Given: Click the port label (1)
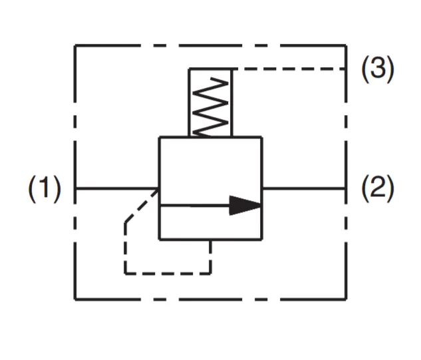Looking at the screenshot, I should pos(44,189).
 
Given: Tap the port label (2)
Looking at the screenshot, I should pos(377,189).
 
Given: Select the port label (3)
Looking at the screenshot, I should pos(377,69).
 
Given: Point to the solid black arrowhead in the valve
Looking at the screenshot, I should pos(245,206).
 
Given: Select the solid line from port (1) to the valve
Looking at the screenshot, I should pos(116,188).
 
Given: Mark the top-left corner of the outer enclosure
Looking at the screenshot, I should pos(75,45).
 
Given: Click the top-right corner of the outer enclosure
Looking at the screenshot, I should pos(346,45).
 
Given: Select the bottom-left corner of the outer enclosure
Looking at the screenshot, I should pos(75,299).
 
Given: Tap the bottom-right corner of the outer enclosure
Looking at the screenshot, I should pos(346,299).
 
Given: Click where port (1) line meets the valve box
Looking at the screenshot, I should pos(159,188).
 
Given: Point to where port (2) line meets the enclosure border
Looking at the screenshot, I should pos(346,188).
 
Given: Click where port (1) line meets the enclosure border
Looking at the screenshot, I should pos(75,188).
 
